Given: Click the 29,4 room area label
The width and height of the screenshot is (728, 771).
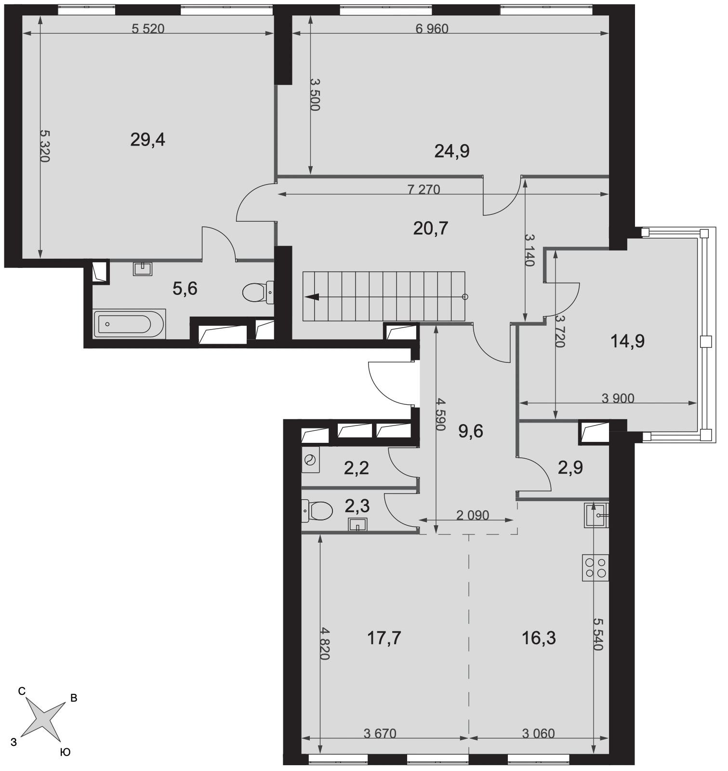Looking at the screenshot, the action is tap(148, 140).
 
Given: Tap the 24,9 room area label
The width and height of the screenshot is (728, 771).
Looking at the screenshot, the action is tap(452, 151).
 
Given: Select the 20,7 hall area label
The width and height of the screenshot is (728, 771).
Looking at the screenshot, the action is tap(431, 228).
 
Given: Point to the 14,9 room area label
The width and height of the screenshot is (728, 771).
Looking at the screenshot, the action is tap(627, 342).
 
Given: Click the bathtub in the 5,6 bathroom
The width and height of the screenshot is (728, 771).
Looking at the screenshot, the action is tap(130, 324).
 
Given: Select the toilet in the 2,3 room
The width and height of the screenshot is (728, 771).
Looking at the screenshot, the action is tap(317, 511).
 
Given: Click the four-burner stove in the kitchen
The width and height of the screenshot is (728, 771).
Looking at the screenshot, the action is tap(596, 567).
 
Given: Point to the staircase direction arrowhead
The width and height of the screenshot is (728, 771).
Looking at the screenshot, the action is tap(312, 297).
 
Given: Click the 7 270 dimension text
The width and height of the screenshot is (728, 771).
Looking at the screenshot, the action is tap(424, 189).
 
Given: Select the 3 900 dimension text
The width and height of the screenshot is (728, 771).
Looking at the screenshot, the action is tap(618, 398).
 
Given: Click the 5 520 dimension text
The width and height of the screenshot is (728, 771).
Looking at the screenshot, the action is tap(148, 29).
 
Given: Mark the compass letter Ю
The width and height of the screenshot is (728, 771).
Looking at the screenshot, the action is tap(65, 752).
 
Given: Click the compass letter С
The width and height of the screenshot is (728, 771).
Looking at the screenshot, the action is tap(22, 691).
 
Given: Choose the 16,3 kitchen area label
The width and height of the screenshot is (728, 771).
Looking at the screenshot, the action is tap(539, 638).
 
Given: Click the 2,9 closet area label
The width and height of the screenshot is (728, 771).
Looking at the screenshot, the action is tap(570, 468).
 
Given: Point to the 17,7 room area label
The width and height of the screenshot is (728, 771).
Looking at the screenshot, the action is tap(384, 638).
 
